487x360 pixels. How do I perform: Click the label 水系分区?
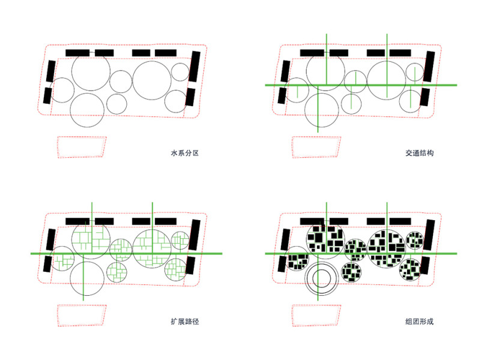[x=185, y=153]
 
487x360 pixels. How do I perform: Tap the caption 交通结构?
[x=419, y=153]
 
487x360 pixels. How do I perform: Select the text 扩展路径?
[x=185, y=322]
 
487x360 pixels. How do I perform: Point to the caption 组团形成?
[x=419, y=322]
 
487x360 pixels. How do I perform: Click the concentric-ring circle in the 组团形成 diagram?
[x=321, y=278]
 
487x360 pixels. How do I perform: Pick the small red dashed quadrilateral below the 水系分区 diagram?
[x=82, y=147]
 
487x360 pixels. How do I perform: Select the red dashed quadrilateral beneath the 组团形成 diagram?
[x=316, y=316]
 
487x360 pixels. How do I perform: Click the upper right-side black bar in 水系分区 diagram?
[x=195, y=67]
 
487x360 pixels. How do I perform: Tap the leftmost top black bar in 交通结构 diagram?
[x=312, y=53]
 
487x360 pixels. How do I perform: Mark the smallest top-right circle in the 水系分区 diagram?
[x=180, y=72]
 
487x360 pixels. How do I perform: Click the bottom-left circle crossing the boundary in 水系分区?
[x=87, y=110]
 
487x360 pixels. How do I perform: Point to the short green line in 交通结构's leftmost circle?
[x=297, y=92]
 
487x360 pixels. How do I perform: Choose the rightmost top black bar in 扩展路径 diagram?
[x=166, y=221]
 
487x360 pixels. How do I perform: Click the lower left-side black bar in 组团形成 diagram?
[x=282, y=264]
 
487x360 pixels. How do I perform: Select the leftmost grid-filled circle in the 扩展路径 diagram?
[x=62, y=259]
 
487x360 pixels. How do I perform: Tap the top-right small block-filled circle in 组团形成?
[x=414, y=241]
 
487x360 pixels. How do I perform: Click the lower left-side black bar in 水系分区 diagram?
[x=47, y=95]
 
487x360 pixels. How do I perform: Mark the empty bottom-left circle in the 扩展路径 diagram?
[x=87, y=278]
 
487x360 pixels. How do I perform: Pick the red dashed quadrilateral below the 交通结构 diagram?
[x=316, y=147]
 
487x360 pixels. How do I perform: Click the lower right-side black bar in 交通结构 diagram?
[x=425, y=97]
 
